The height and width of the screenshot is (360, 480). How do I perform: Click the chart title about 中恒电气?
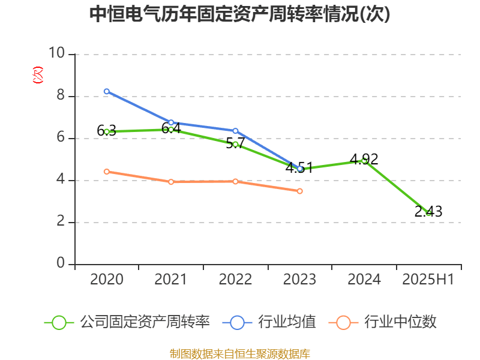[x=240, y=14]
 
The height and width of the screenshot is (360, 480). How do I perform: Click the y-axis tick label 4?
[x=61, y=180]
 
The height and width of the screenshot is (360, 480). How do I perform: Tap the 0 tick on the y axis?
[x=61, y=263]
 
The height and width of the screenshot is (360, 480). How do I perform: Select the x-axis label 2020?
[x=106, y=280]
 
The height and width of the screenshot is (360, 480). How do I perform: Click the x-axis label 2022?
[x=235, y=280]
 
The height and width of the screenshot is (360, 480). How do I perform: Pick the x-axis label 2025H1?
[x=428, y=280]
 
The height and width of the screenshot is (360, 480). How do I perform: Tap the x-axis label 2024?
[x=364, y=280]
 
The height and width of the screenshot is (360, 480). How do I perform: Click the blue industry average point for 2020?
[x=106, y=91]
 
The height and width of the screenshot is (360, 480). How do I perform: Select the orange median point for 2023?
[x=300, y=191]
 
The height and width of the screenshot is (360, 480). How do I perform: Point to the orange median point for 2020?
[x=106, y=172]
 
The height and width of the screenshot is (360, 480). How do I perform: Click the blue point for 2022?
[x=235, y=130]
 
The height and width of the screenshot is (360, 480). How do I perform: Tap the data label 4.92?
[x=364, y=159]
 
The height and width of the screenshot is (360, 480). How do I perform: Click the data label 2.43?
[x=428, y=211]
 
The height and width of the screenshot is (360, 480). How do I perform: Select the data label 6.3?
[x=106, y=131]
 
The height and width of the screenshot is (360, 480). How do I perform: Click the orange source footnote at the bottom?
[x=240, y=353]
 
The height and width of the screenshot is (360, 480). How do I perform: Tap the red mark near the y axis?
[x=38, y=75]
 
